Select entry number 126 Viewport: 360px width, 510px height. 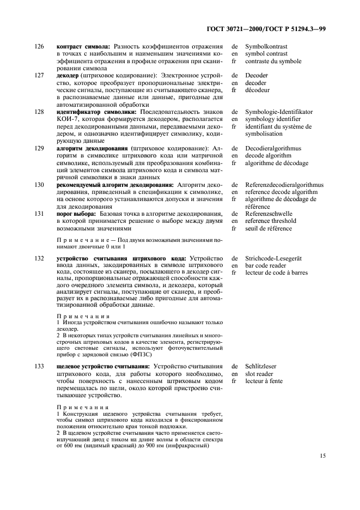tap(39, 47)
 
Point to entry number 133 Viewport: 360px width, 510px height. tap(39, 366)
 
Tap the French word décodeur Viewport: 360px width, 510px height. tap(261, 90)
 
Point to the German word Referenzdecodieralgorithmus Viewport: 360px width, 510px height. tap(284, 185)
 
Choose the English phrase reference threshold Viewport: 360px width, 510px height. tap(271, 221)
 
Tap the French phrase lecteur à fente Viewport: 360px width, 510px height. tap(264, 381)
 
